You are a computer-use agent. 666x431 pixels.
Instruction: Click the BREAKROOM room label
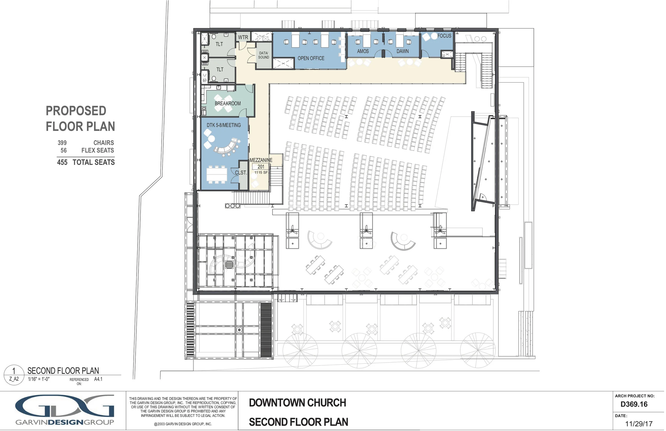tap(228, 103)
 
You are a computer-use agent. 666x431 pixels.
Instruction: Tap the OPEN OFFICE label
tap(311, 58)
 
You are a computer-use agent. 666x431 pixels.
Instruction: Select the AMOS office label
tap(363, 51)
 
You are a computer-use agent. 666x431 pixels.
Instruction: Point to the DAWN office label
tap(403, 51)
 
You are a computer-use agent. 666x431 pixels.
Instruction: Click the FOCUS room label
tap(444, 36)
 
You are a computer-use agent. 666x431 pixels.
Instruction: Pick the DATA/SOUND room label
tap(263, 55)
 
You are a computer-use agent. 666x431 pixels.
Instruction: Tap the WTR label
tap(243, 37)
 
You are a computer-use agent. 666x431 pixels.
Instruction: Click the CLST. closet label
tap(241, 173)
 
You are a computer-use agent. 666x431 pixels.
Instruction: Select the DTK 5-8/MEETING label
tap(224, 125)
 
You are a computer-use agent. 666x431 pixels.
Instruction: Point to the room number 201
tap(261, 166)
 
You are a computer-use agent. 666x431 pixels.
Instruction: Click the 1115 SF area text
tap(261, 172)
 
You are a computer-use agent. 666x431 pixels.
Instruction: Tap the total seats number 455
tap(62, 162)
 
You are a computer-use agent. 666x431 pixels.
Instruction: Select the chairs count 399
tap(62, 143)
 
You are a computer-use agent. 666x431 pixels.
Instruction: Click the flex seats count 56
tap(64, 150)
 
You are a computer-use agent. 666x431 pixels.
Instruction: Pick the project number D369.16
tap(634, 404)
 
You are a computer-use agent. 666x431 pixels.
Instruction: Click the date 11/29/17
tap(639, 424)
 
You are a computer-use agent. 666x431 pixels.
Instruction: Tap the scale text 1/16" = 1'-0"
tap(39, 379)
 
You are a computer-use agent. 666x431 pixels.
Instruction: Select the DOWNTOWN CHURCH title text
tap(298, 403)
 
